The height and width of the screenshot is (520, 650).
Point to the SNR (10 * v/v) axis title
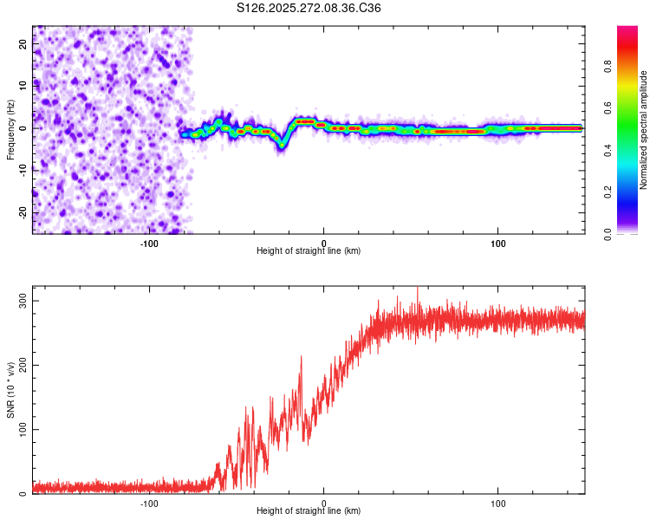click(10, 390)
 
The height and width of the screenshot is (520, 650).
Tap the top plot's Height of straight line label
click(309, 250)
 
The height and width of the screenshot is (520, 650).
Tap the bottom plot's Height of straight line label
click(309, 510)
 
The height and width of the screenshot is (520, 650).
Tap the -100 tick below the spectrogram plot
click(149, 244)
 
